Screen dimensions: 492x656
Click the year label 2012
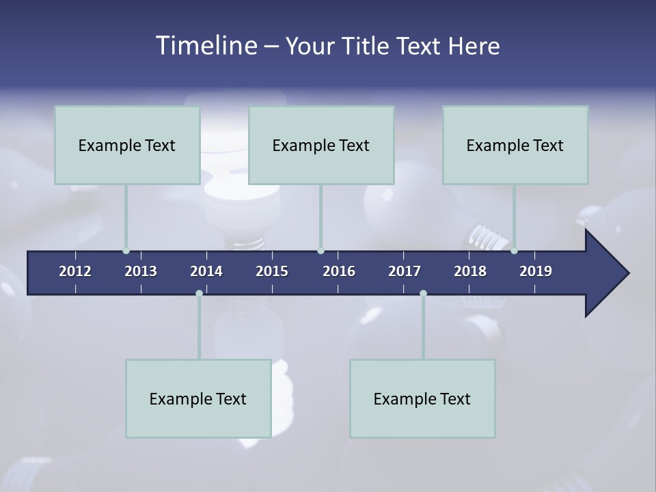point(75,271)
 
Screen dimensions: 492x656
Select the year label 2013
point(141,271)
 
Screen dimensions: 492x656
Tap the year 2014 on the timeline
point(206,271)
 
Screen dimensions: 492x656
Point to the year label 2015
point(272,271)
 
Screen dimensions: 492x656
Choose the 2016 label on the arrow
point(339,271)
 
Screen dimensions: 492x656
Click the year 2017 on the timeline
point(405,271)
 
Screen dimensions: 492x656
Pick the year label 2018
point(470,271)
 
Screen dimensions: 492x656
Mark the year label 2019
point(536,271)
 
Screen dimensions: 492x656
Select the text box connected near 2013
point(127,145)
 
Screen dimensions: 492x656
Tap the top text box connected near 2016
point(321,145)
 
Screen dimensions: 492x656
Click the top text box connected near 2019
point(515,145)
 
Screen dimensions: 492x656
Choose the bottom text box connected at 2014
point(198,398)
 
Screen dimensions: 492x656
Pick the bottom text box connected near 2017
point(422,398)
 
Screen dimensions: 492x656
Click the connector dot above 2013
point(126,251)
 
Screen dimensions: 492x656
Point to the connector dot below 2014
point(199,293)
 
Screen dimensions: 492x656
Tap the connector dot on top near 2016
point(320,251)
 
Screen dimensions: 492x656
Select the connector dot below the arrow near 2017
point(423,293)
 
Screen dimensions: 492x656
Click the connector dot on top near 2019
point(514,251)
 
